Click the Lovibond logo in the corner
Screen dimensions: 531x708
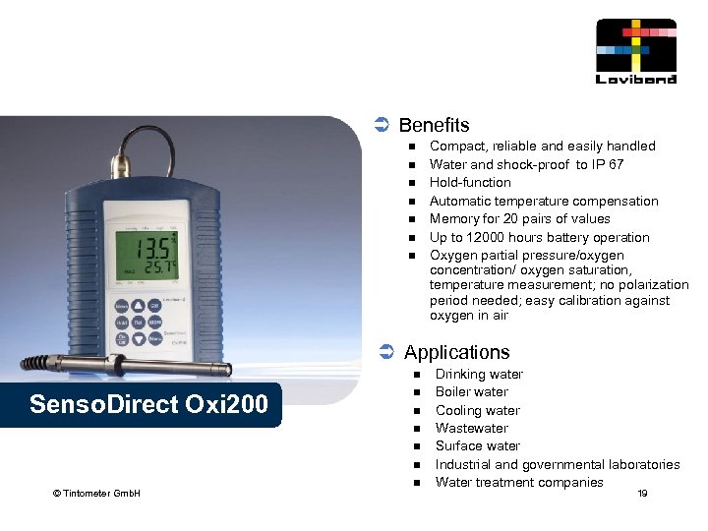pyautogui.click(x=636, y=51)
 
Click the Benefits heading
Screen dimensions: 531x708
pyautogui.click(x=434, y=126)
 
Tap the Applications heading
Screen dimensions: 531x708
pyautogui.click(x=456, y=352)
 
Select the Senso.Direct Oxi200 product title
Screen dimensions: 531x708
pyautogui.click(x=148, y=404)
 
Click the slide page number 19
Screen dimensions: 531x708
pyautogui.click(x=642, y=493)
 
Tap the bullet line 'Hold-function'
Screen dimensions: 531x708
pyautogui.click(x=470, y=183)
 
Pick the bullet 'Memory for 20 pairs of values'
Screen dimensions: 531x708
pyautogui.click(x=519, y=219)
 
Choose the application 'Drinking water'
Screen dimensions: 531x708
pyautogui.click(x=479, y=375)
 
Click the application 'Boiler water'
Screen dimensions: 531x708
pyautogui.click(x=472, y=392)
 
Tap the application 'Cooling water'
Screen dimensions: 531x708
pyautogui.click(x=478, y=410)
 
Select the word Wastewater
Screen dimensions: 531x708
pyautogui.click(x=472, y=428)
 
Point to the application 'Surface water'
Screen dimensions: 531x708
pyautogui.click(x=478, y=445)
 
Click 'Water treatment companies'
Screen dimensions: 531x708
pyautogui.click(x=519, y=482)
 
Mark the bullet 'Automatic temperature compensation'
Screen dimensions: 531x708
pyautogui.click(x=544, y=201)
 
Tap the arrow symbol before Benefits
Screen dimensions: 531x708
pyautogui.click(x=383, y=125)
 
